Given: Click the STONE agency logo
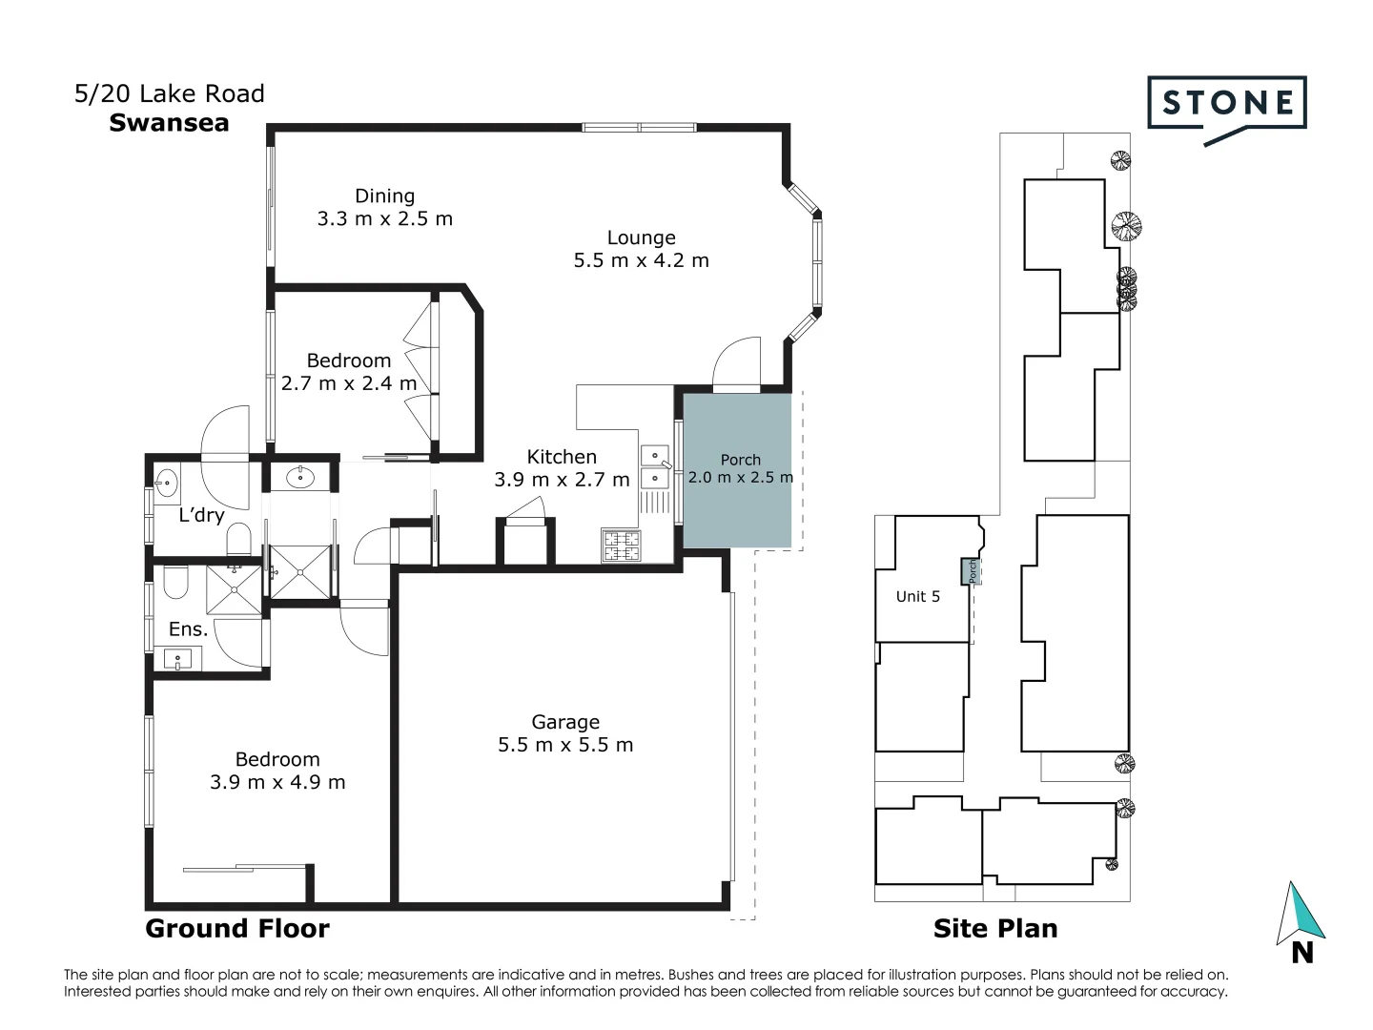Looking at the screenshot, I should click(x=1226, y=104).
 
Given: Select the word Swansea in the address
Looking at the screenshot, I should click(x=169, y=123).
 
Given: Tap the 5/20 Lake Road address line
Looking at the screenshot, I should click(x=170, y=93).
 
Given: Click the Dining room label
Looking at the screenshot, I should click(x=384, y=196).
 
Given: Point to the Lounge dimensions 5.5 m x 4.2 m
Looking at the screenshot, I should click(x=641, y=260).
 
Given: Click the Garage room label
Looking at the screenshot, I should click(x=565, y=722).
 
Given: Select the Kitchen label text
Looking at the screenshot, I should click(x=562, y=457).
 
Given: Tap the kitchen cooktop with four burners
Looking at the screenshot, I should click(x=621, y=546).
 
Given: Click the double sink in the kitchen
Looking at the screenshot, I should click(x=654, y=465).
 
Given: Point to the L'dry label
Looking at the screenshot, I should click(x=201, y=516).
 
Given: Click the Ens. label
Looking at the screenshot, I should click(x=188, y=628).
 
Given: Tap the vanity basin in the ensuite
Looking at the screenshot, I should click(x=177, y=659).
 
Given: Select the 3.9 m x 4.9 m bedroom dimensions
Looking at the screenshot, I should click(x=277, y=782).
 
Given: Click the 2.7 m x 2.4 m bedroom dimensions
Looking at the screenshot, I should click(x=349, y=383).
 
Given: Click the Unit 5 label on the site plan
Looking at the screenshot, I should click(x=917, y=596).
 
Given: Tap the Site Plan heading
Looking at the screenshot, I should click(x=994, y=928).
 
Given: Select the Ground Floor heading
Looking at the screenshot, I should click(x=236, y=928).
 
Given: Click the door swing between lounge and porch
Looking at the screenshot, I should click(x=738, y=364).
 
